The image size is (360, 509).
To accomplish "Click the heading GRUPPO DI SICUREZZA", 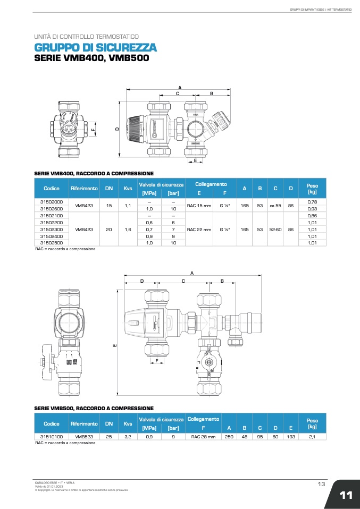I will tap(95, 48).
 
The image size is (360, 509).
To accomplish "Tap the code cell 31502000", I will tap(52, 202).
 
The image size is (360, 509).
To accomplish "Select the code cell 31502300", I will tap(52, 229).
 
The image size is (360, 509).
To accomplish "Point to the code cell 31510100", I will tap(52, 436).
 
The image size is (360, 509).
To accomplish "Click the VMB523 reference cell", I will tap(84, 436).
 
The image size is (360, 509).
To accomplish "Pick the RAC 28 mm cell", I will tap(203, 436).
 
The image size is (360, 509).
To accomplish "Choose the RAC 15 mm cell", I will tap(198, 205).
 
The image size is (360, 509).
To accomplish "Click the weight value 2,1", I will tap(312, 436).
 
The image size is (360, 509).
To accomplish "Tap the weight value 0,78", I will tap(312, 202).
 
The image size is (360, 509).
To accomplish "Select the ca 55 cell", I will tap(275, 205).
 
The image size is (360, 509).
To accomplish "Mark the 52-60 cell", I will tap(275, 229).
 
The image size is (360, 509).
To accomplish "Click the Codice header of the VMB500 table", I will tap(52, 423).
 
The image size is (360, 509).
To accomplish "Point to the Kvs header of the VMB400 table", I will tap(128, 188).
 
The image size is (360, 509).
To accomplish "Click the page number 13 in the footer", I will tap(321, 484).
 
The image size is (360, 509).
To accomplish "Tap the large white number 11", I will tap(346, 495).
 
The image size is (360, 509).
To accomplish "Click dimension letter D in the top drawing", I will tap(116, 129).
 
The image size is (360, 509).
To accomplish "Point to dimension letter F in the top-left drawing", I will tap(92, 129).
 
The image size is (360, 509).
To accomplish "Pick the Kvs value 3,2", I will tap(128, 436).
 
